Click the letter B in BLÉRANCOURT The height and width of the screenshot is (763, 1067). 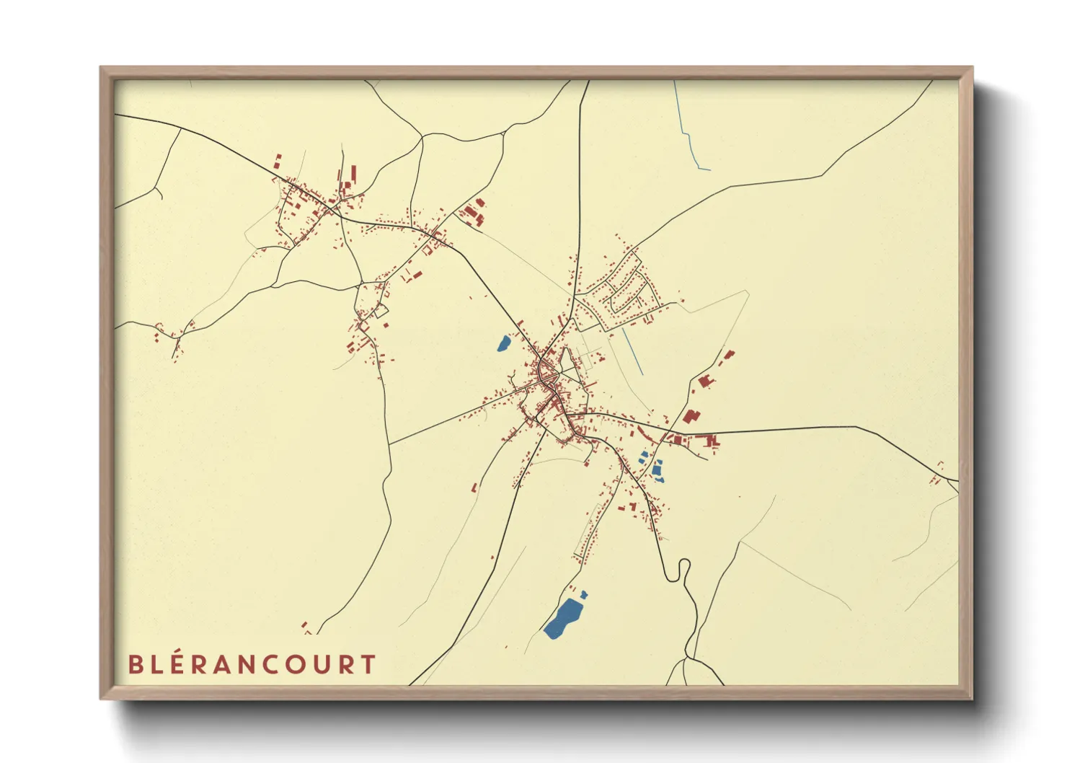point(135,664)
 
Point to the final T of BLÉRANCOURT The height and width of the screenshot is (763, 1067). point(368,664)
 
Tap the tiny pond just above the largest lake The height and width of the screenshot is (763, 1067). point(583,594)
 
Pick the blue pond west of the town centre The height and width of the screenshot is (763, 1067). point(503,343)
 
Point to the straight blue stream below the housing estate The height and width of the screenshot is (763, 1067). point(633,350)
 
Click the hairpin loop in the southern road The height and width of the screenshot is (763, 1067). point(683,570)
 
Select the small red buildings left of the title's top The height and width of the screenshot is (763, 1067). point(305,627)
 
